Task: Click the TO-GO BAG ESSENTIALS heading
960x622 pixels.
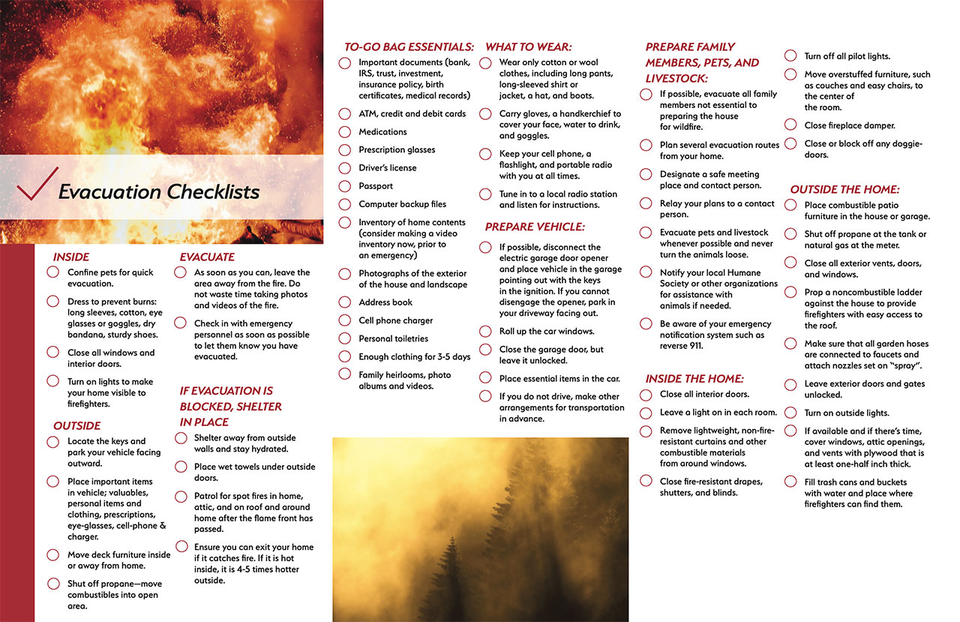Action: pos(409,47)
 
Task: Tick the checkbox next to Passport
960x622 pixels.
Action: pos(344,186)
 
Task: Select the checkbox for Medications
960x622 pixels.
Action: pos(344,132)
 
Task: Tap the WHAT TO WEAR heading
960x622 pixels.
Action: pos(528,47)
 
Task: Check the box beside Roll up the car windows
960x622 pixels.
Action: pos(485,331)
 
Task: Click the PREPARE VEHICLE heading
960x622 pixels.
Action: pos(534,227)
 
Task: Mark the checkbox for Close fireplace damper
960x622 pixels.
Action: pos(790,125)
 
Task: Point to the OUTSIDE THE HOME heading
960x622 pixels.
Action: pos(844,190)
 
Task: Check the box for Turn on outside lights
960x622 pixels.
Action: pos(790,413)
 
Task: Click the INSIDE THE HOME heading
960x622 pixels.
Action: pos(694,379)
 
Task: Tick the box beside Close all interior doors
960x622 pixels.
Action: pos(646,395)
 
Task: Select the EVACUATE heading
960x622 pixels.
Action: pos(207,257)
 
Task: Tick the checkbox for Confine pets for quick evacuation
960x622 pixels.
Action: pos(53,272)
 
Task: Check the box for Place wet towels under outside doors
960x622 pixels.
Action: pos(180,467)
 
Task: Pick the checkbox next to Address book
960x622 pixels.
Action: pos(344,302)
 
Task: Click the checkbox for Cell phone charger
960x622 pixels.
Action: pos(344,320)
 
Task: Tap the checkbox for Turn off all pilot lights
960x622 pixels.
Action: pos(790,56)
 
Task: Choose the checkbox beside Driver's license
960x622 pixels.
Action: pos(344,168)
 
